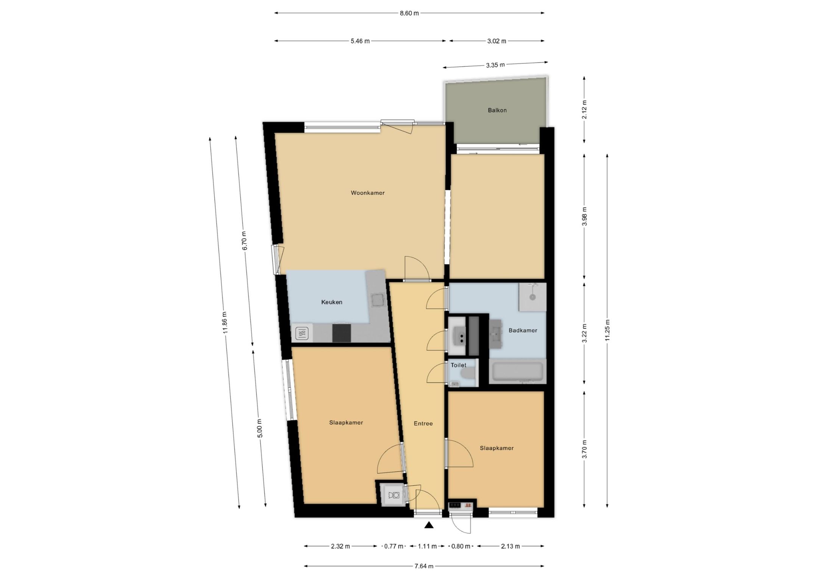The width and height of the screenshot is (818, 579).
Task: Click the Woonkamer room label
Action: point(367,193)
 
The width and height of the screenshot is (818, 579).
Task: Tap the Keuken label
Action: point(332,302)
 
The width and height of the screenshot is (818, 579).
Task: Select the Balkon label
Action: point(497,110)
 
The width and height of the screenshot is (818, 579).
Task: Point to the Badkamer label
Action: point(523,330)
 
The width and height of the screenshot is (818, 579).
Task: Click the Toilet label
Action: point(459,365)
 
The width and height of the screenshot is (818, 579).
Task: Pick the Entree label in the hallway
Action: point(423,424)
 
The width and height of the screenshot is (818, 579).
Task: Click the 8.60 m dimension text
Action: point(409,13)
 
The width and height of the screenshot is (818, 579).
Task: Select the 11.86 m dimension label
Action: point(225,322)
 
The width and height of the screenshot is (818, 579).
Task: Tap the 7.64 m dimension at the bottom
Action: point(424,566)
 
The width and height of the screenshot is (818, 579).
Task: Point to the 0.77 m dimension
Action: point(394,546)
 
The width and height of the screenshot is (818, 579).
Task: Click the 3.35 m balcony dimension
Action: point(495,65)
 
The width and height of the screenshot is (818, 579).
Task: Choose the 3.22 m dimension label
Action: point(584,333)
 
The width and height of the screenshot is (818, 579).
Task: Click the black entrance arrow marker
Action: point(429,525)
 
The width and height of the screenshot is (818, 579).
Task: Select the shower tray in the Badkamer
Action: point(533,297)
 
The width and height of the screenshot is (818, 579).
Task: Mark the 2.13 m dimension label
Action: point(510,546)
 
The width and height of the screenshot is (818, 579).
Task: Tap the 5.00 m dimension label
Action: point(259,428)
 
